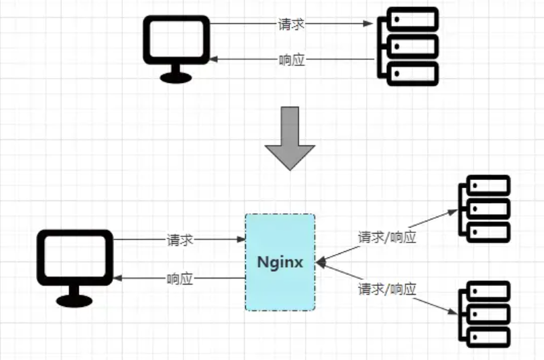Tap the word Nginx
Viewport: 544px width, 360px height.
(280, 262)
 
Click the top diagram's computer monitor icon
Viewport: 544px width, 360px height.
(175, 43)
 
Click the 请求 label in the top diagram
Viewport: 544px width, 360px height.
(291, 24)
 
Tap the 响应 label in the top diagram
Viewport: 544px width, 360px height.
(291, 60)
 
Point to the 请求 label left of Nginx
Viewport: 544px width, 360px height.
(180, 240)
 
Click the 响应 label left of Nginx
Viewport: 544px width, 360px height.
(180, 278)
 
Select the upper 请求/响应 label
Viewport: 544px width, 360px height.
(387, 238)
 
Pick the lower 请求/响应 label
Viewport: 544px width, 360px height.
(387, 289)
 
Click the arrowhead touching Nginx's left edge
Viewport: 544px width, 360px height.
(240, 240)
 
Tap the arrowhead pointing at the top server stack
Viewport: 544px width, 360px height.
(369, 24)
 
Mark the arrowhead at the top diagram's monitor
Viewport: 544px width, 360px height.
(213, 60)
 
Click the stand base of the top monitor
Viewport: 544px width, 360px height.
(175, 77)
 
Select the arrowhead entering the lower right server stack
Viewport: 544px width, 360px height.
(453, 312)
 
